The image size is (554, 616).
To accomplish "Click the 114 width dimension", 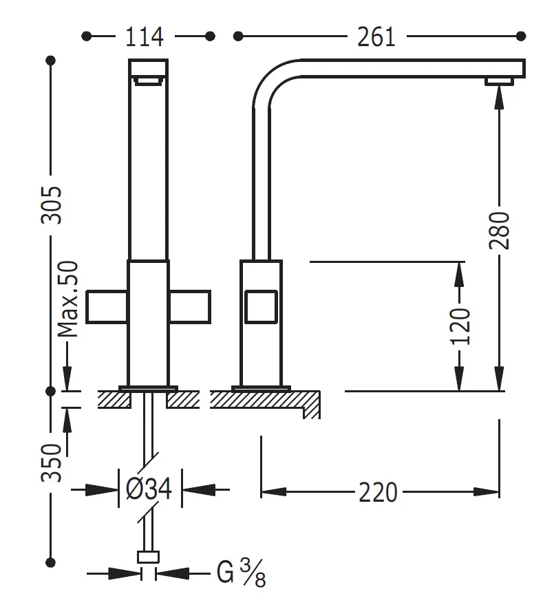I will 145,36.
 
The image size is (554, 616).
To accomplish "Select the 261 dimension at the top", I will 376,36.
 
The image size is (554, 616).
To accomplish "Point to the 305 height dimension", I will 52,204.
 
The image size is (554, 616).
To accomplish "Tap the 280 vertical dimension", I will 500,231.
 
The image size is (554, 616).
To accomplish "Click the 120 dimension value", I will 460,326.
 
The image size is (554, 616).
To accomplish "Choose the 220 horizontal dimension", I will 378,492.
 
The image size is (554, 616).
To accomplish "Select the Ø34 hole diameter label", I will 148,489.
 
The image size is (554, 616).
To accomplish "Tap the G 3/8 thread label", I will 241,573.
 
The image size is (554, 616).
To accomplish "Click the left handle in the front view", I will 107,306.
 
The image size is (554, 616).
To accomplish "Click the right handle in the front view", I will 190,306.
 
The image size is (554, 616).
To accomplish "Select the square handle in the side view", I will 261,306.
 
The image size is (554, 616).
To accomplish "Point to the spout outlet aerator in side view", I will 499,83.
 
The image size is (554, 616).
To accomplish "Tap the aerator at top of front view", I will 149,82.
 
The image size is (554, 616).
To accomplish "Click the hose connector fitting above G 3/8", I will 149,557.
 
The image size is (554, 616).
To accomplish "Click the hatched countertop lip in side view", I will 313,406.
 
